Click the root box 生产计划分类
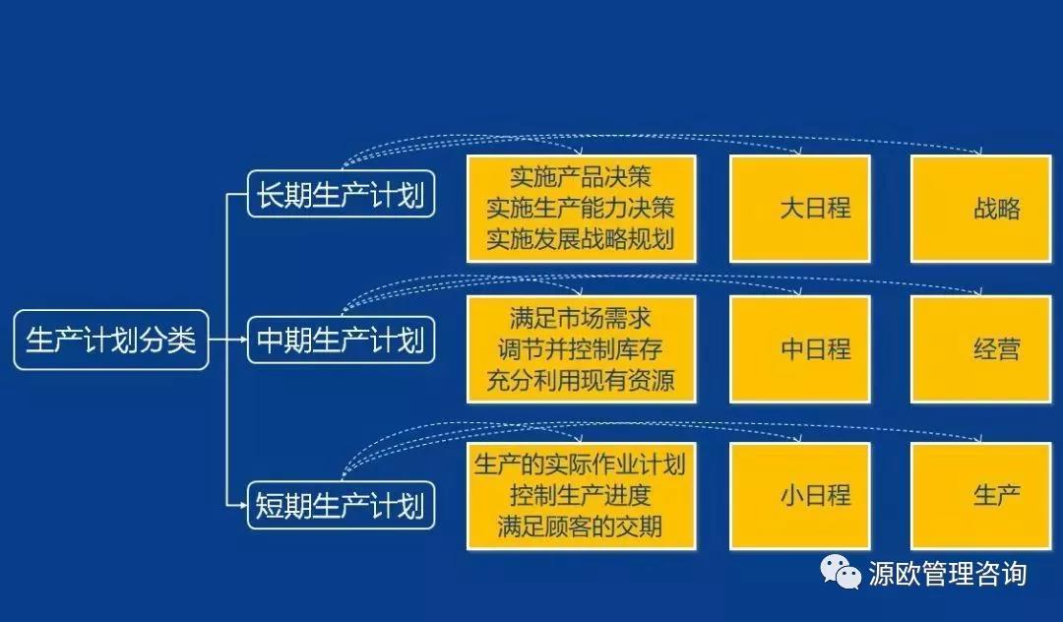pos(111,341)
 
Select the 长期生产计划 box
pos(341,195)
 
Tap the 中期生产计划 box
pos(341,340)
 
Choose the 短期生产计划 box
pos(341,506)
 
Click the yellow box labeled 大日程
pos(800,209)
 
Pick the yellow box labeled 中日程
pos(800,349)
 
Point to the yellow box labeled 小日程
pos(800,496)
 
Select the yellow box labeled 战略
pos(981,209)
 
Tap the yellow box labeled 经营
pos(981,349)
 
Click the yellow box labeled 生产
pos(981,496)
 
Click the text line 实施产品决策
pos(581,177)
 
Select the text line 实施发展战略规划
pos(581,239)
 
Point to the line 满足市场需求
pos(581,318)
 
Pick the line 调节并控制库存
pos(581,349)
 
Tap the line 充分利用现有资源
pos(581,380)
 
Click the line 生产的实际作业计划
pos(581,465)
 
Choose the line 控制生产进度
pos(581,496)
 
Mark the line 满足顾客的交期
pos(581,528)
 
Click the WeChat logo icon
pos(841,573)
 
